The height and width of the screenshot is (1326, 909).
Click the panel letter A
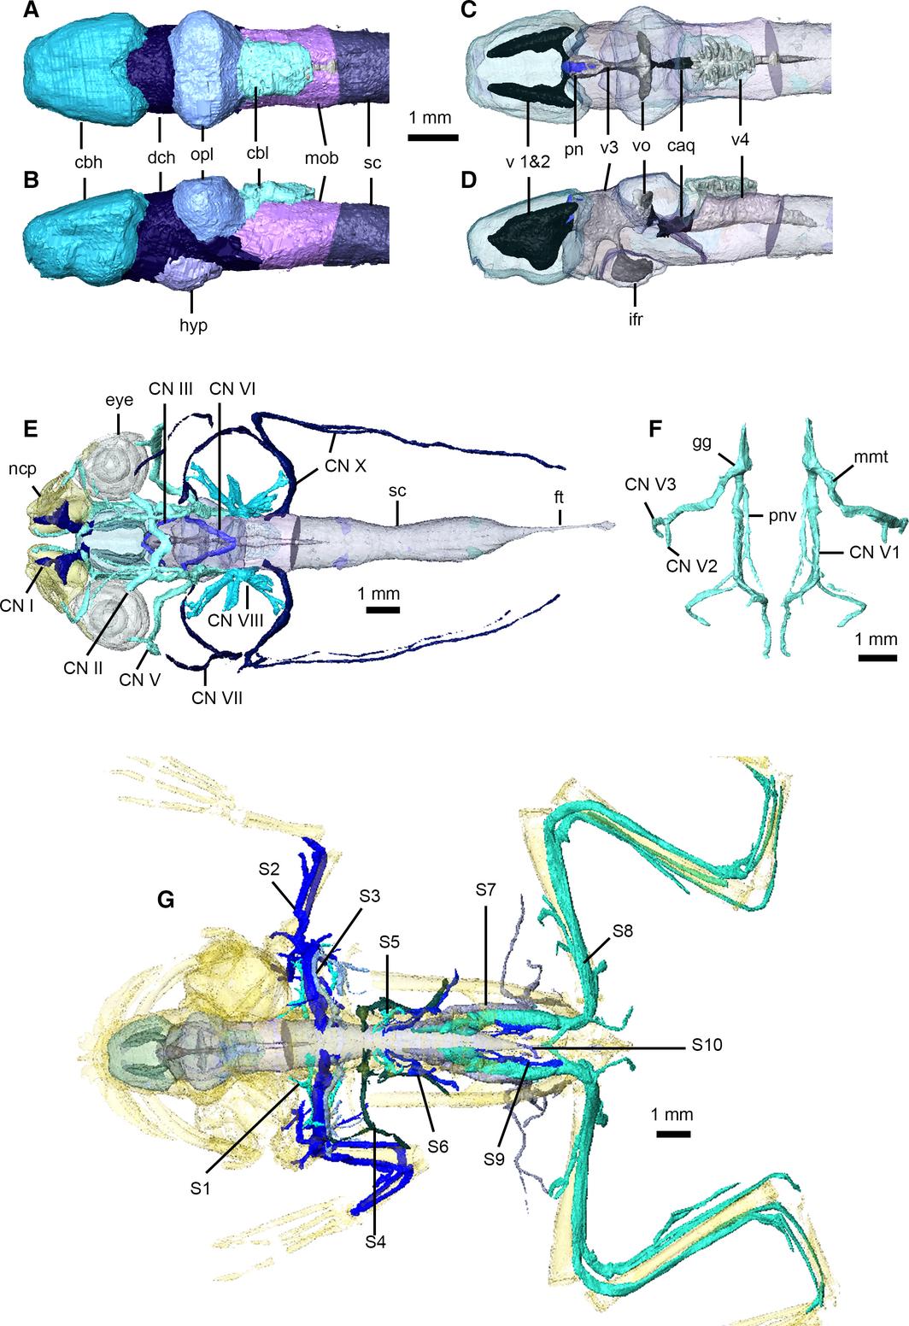pyautogui.click(x=32, y=10)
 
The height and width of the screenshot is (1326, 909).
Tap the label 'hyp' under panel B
pyautogui.click(x=194, y=325)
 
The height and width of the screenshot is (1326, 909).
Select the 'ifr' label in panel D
pyautogui.click(x=636, y=320)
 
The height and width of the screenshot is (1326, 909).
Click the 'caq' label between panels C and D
pyautogui.click(x=681, y=145)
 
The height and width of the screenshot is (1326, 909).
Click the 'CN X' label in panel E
pyautogui.click(x=345, y=466)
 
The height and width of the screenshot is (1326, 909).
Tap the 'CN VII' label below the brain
pyautogui.click(x=217, y=698)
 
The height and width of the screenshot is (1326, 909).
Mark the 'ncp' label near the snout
pyautogui.click(x=22, y=469)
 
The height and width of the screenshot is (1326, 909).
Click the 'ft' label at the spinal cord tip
pyautogui.click(x=559, y=497)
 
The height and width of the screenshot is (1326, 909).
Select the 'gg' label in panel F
pyautogui.click(x=701, y=443)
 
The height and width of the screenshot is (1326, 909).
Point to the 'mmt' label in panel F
pyautogui.click(x=871, y=456)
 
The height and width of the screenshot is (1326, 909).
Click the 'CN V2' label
pyautogui.click(x=692, y=566)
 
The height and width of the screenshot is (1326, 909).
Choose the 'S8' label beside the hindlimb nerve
pyautogui.click(x=623, y=931)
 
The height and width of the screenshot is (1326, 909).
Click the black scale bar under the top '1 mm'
pyautogui.click(x=433, y=138)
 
